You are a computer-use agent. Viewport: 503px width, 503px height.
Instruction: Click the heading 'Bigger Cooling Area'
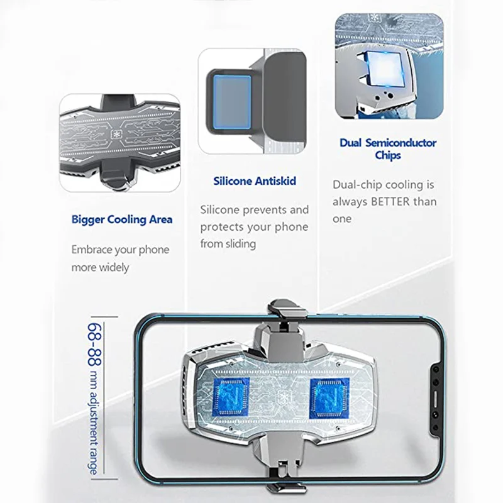122,219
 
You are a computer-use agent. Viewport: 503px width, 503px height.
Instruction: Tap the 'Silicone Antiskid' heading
255,181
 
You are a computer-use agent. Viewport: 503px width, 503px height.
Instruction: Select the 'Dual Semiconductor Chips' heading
388,149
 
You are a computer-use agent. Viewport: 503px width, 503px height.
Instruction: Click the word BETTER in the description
390,202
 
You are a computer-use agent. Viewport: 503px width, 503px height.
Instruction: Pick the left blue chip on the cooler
231,399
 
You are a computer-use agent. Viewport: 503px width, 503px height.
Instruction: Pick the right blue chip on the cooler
329,399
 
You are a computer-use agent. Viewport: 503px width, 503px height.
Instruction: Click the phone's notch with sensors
436,399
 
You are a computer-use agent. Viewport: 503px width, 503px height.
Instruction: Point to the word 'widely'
114,267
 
